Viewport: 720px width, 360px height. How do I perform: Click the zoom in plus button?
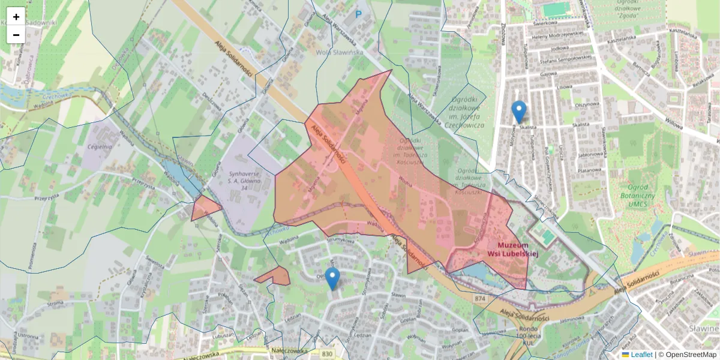point(16,16)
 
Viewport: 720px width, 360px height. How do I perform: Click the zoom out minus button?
point(16,35)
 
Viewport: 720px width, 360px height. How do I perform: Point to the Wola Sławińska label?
point(340,52)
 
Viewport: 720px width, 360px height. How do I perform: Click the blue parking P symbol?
point(359,14)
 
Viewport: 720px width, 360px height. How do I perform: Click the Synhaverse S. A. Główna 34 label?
point(244,181)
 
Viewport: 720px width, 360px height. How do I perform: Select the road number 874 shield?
point(479,298)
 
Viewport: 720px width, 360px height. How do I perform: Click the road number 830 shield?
point(327,355)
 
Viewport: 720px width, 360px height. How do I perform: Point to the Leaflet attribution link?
point(641,355)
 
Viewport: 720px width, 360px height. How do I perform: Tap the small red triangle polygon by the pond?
point(204,208)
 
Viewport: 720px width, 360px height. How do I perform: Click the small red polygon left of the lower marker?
point(274,277)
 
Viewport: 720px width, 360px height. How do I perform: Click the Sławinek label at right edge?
point(704,329)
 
